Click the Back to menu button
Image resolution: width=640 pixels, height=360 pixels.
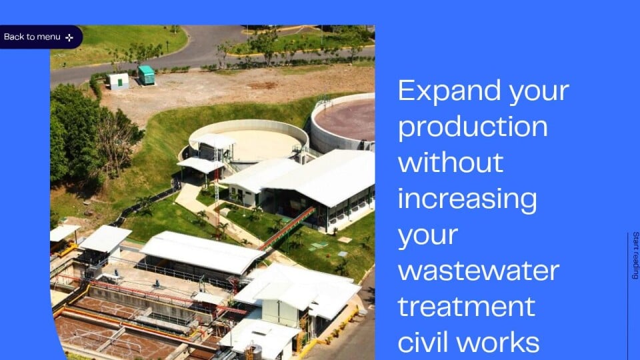[x=40, y=37]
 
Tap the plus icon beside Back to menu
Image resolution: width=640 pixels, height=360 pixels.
[x=69, y=37]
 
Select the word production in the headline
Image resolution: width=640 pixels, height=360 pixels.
[x=473, y=127]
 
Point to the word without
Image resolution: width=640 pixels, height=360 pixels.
[x=450, y=162]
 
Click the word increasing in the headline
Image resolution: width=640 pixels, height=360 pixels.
[x=467, y=199]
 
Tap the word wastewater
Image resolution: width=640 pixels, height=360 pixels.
[x=479, y=271]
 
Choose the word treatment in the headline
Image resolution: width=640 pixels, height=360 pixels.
[x=466, y=306]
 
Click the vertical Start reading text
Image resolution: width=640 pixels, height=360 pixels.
[x=635, y=255]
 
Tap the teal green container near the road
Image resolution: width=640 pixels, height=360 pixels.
[x=146, y=75]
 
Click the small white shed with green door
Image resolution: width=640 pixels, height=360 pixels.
[x=119, y=81]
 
